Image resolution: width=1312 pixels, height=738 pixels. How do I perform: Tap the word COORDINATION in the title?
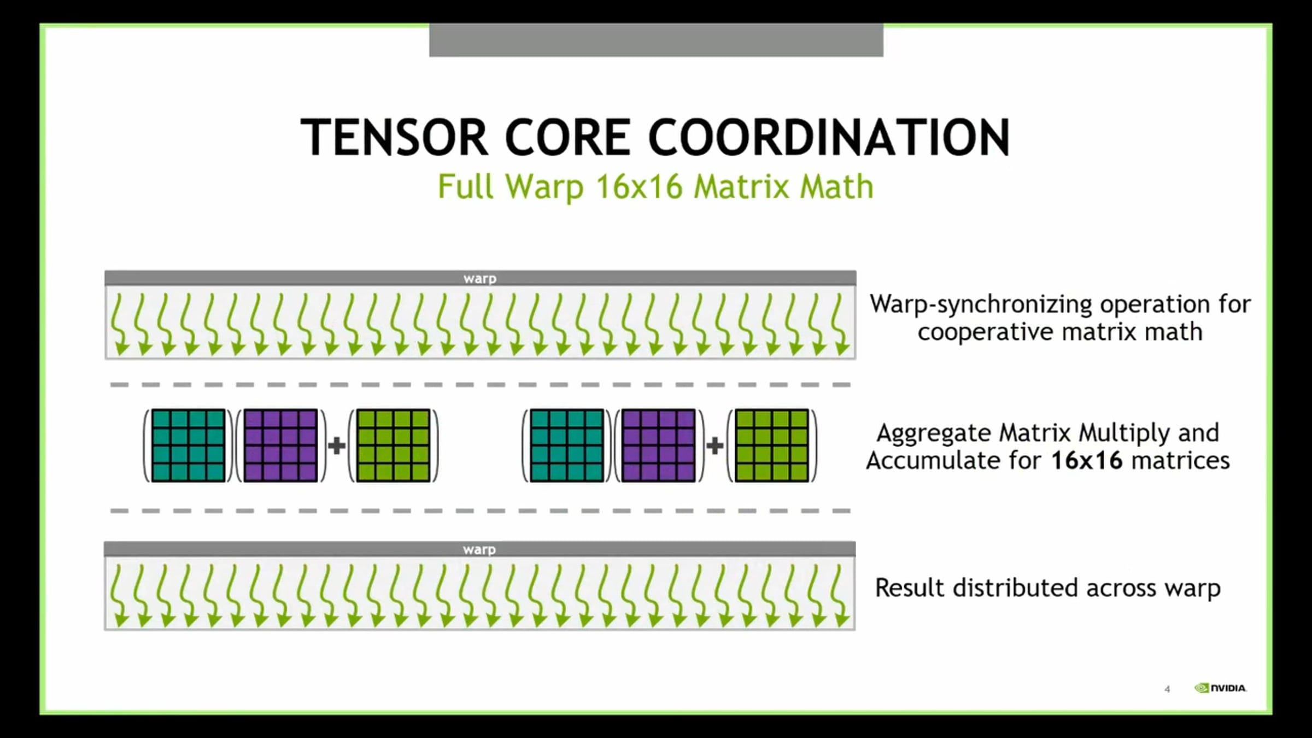tap(829, 137)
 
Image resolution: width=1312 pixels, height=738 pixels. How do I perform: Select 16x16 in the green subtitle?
tap(639, 187)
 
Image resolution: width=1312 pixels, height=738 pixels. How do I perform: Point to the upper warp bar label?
tap(480, 278)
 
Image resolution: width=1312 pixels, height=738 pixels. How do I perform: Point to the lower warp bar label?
tap(479, 549)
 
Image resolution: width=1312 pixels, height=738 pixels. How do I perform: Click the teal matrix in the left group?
tap(189, 446)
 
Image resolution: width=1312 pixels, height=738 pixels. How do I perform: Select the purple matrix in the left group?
tap(280, 446)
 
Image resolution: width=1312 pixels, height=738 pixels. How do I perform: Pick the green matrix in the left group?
tap(393, 446)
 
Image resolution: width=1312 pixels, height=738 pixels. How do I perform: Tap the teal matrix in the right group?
tap(567, 446)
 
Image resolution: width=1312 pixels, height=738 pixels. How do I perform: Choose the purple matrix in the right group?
tap(659, 446)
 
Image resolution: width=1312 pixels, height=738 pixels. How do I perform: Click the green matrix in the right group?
tap(772, 446)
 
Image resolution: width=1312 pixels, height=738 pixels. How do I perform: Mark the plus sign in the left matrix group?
tap(336, 446)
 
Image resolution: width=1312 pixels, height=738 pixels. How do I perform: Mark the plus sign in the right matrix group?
tap(714, 446)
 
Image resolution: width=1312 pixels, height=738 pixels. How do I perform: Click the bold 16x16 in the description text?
tap(1087, 460)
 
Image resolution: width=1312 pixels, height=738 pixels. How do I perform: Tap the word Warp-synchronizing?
tap(981, 304)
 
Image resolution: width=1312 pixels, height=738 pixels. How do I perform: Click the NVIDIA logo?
tap(1220, 688)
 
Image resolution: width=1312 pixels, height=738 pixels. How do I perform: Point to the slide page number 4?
tap(1167, 689)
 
